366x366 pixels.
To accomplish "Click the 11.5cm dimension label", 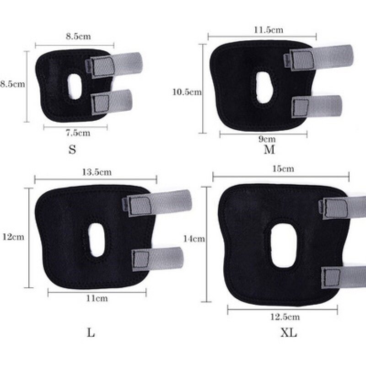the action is pos(269,30).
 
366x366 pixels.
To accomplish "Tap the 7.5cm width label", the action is pos(78,133).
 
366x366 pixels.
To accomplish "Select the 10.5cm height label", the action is pos(187,92).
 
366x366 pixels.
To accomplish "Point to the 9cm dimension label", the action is pos(267,140).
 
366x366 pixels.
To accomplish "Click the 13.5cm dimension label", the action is pos(97,172).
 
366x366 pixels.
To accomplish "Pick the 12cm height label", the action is pos(13,237).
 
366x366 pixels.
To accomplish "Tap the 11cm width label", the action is pos(97,298).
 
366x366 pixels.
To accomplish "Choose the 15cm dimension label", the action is pos(283,169).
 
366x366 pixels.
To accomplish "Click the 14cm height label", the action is pos(194,239).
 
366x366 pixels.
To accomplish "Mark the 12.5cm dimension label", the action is pos(285,317).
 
